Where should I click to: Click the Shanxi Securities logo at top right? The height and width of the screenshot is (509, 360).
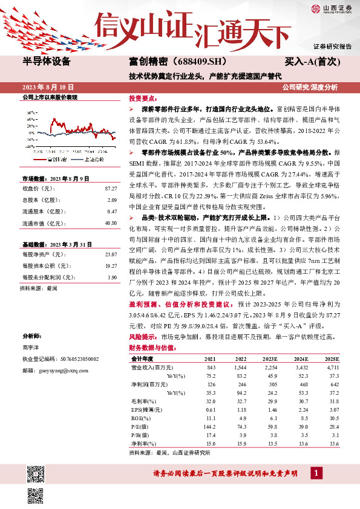pos(331,8)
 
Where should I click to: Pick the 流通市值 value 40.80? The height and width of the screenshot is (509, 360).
pos(109,223)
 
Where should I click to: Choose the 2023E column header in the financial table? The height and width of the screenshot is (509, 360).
pos(270,358)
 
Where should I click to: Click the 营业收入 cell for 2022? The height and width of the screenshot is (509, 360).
pos(241,367)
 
